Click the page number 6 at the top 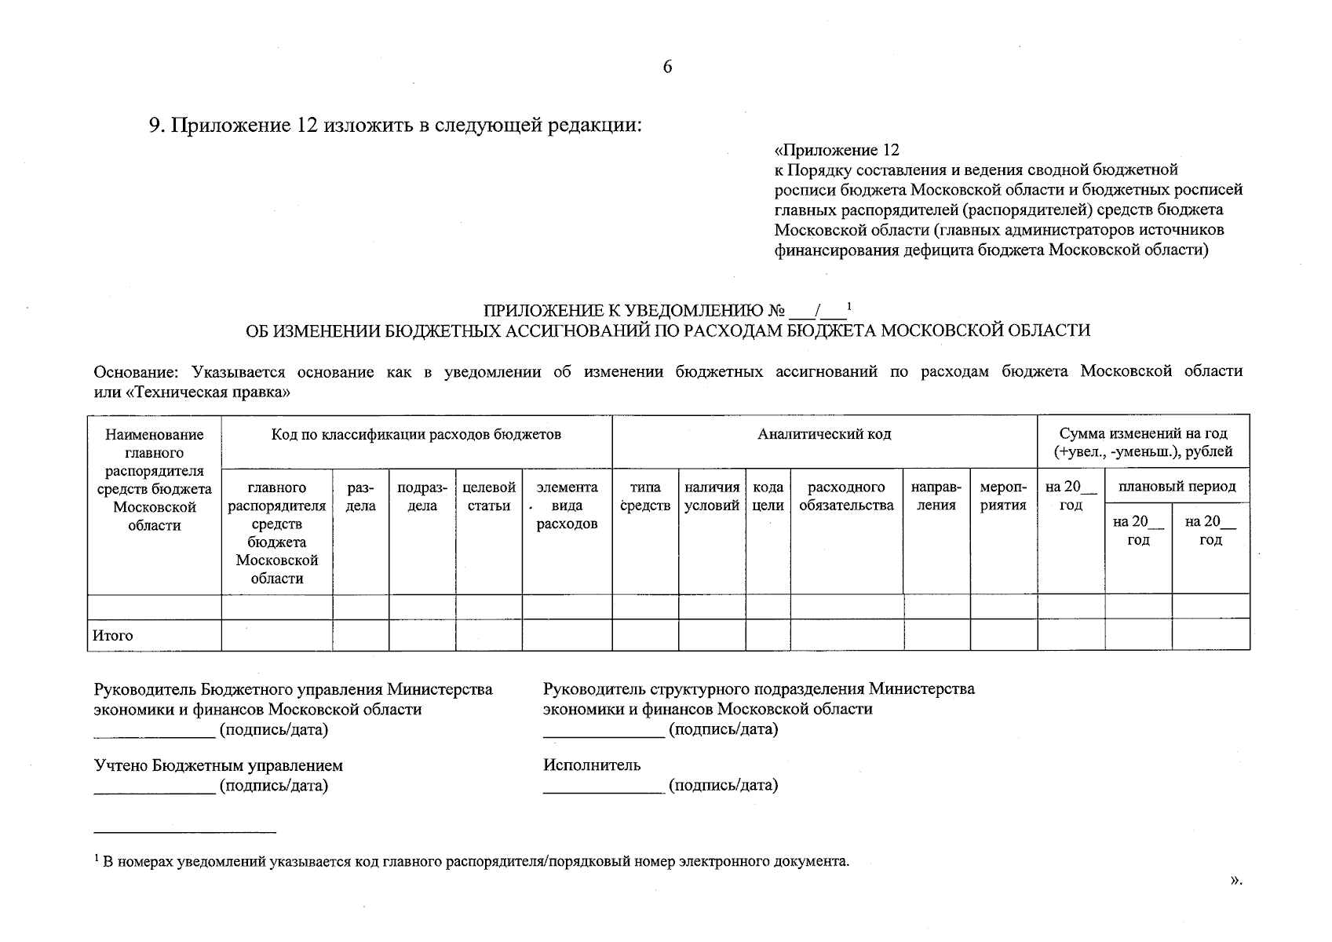667,67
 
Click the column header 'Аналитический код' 824,434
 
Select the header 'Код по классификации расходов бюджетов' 416,434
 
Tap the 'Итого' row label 113,636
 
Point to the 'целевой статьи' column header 489,497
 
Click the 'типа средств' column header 645,497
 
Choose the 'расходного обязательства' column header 846,497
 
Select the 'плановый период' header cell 1177,487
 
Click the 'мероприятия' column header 1004,497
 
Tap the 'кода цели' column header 768,497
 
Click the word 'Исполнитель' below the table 592,765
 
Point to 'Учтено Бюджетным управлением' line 218,765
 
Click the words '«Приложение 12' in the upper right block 837,150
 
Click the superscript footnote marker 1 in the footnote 97,858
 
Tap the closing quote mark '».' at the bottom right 1236,881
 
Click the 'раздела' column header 360,497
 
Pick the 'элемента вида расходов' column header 567,506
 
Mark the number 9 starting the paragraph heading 155,126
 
